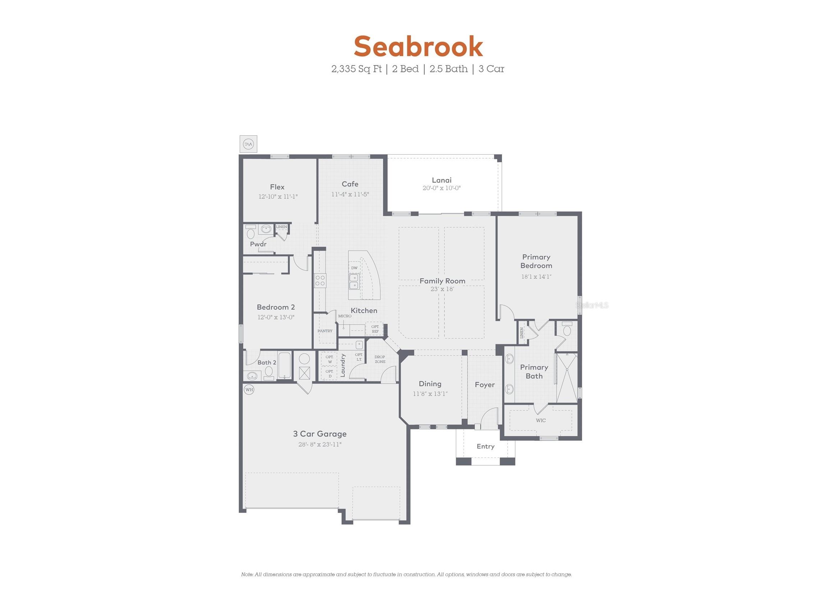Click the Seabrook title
point(418,47)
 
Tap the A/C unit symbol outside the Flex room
point(248,144)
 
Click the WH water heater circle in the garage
point(249,390)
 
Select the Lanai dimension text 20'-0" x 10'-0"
point(442,188)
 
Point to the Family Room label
point(442,281)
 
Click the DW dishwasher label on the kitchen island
point(354,268)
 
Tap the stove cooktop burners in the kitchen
point(320,281)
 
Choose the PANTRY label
point(325,331)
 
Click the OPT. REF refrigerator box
point(375,329)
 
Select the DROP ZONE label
point(380,359)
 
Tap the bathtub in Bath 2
point(284,366)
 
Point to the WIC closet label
point(541,420)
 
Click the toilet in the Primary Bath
point(567,329)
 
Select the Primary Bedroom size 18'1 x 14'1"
point(536,277)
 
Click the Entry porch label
point(485,446)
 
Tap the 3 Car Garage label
point(320,434)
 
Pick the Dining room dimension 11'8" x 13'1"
point(430,394)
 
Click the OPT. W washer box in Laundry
point(330,359)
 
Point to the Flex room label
point(277,187)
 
